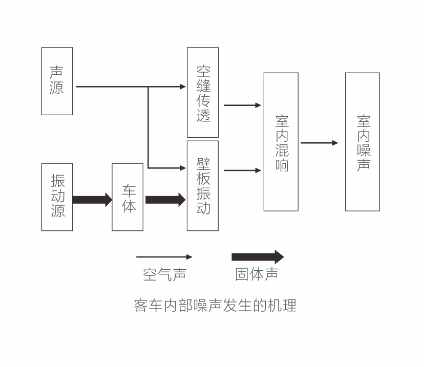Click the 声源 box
coord(57,81)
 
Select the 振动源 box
coord(57,197)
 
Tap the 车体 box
coord(128,197)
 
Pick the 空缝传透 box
coord(203,92)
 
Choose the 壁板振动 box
coord(203,185)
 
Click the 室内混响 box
coord(281,142)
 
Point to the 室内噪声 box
coord(363,142)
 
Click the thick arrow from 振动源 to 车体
coord(92,199)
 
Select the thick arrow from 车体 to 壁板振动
coord(165,199)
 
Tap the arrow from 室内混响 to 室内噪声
coord(319,143)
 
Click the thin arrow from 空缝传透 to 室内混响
coord(242,105)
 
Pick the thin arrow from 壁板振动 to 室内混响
coord(242,170)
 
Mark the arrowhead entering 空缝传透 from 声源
coord(183,87)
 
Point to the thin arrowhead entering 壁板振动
coord(183,168)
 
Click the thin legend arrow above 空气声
coord(164,257)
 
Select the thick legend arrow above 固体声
coord(257,257)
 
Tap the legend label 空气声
coord(164,274)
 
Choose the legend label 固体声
coord(257,274)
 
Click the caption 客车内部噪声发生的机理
coord(215,306)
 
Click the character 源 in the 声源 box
coord(57,88)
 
